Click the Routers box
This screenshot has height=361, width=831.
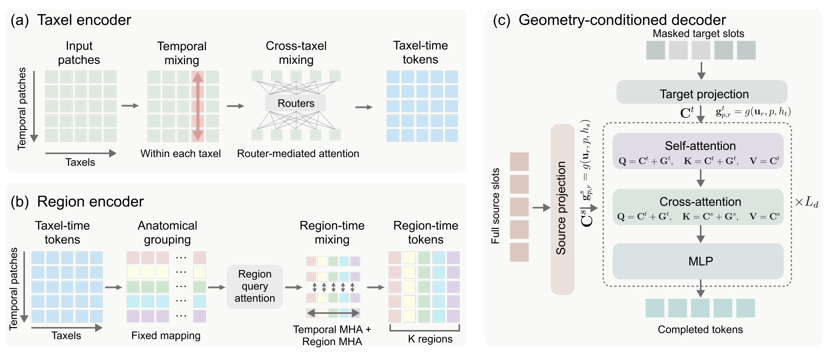click(295, 103)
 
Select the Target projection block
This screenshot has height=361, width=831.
click(701, 92)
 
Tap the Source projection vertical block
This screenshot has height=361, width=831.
click(562, 209)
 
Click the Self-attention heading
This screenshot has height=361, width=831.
click(700, 146)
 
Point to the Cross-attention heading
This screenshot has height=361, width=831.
click(700, 202)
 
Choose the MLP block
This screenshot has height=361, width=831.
click(698, 261)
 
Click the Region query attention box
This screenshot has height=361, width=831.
click(255, 286)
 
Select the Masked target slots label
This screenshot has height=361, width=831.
click(698, 34)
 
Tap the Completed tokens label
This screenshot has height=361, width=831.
click(700, 330)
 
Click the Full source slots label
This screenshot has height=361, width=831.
click(495, 206)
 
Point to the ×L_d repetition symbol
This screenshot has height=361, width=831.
click(806, 202)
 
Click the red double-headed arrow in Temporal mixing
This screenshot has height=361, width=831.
click(198, 106)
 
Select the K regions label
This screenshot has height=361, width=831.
click(430, 339)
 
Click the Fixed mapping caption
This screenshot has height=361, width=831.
click(166, 336)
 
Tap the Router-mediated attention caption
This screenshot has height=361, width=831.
click(298, 154)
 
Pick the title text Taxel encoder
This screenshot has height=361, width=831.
click(84, 20)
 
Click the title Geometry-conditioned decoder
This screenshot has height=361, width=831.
click(622, 20)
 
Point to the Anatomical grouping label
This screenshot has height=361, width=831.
click(167, 233)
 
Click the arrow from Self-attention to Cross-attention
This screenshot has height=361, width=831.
click(700, 178)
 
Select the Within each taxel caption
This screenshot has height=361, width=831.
click(181, 154)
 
